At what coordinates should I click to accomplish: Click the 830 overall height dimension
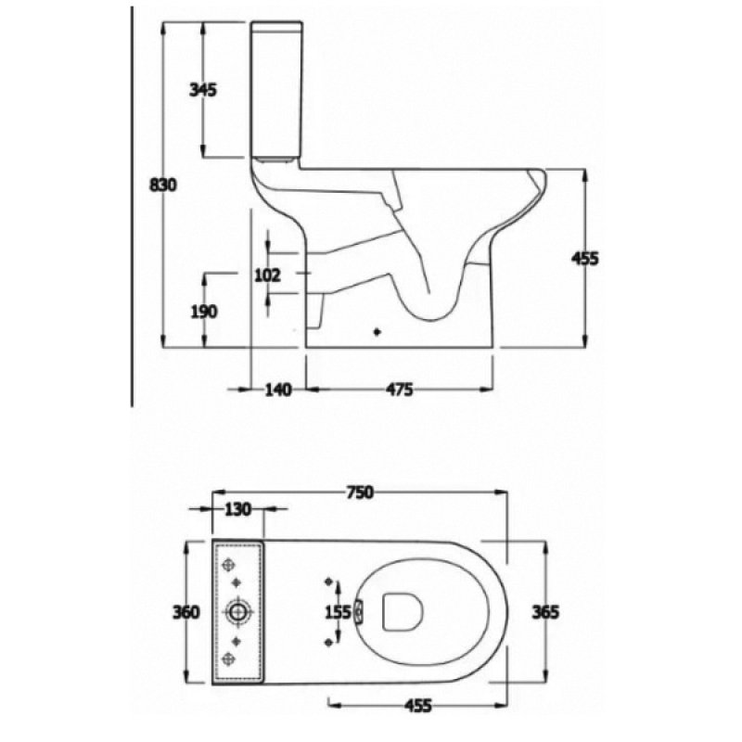163,184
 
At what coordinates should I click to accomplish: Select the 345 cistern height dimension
202,90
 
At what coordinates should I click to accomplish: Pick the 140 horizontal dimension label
277,389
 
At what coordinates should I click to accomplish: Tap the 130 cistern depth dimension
239,509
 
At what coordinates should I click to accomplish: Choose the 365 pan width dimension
546,612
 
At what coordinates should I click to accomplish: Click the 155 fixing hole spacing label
339,612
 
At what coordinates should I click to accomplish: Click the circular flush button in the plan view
238,612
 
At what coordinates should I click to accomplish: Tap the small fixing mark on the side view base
377,330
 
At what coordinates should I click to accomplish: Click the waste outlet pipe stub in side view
316,315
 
